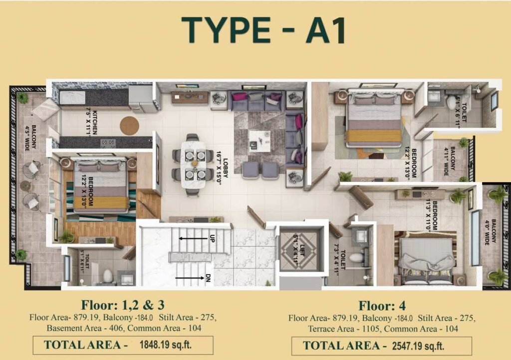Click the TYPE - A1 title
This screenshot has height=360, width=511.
pos(263,30)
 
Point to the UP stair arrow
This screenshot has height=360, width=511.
pos(195,239)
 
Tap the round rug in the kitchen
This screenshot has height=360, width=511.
pos(129,125)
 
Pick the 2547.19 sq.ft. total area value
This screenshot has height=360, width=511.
pos(418,345)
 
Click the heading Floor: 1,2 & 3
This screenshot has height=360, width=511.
pos(123,305)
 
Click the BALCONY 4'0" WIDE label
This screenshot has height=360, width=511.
pos(490,233)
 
